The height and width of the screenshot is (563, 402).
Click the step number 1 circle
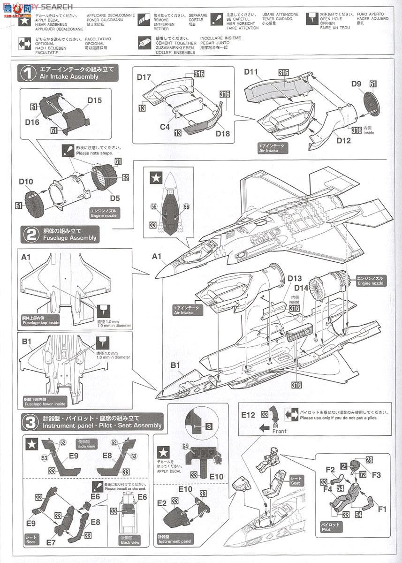pyautogui.click(x=29, y=73)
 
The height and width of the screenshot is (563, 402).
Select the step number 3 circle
pyautogui.click(x=29, y=422)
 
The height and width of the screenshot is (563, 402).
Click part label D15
pyautogui.click(x=94, y=100)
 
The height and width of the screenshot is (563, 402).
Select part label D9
pyautogui.click(x=356, y=84)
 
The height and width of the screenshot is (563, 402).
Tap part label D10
pyautogui.click(x=27, y=182)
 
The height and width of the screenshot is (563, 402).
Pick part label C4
pyautogui.click(x=165, y=126)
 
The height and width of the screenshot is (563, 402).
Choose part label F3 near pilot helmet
pyautogui.click(x=377, y=475)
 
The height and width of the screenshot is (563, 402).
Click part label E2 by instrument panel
pyautogui.click(x=162, y=502)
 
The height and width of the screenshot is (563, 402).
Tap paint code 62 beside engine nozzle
pyautogui.click(x=126, y=178)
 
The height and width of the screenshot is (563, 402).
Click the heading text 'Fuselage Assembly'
pyautogui.click(x=69, y=238)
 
